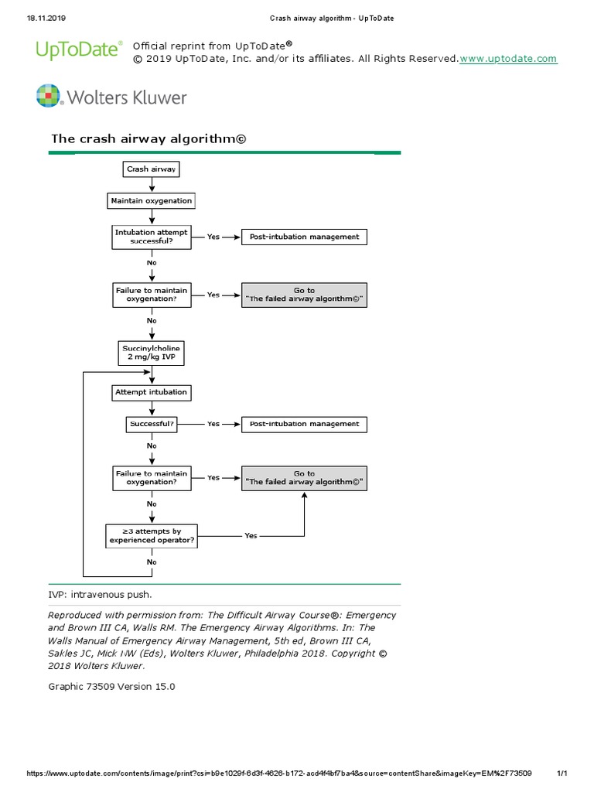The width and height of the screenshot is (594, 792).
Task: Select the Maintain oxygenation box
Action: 151,201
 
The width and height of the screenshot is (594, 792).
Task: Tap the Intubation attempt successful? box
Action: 151,237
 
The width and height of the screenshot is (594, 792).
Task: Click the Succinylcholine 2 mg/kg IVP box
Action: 151,353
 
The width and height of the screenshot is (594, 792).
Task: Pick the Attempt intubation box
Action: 151,392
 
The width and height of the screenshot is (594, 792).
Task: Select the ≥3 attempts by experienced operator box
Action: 151,536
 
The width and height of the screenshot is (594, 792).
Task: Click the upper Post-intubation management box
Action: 304,237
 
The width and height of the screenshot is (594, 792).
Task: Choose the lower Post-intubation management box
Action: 304,424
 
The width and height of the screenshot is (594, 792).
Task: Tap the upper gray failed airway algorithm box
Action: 304,295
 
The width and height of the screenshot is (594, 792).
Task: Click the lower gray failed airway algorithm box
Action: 304,478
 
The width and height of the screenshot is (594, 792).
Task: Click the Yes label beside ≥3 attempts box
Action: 251,535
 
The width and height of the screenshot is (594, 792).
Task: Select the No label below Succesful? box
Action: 152,445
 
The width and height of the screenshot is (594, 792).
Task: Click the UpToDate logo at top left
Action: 78,50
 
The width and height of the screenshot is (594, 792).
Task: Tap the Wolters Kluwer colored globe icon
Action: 47,97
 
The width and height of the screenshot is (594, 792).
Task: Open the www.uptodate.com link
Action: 508,59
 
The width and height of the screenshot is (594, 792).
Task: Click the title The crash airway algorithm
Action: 147,139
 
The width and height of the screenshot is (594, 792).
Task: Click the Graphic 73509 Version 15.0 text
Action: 111,685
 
